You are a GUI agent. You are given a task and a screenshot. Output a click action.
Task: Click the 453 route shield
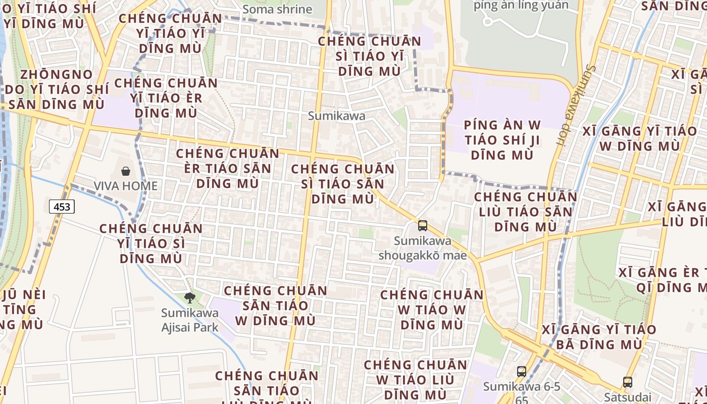(x=62, y=207)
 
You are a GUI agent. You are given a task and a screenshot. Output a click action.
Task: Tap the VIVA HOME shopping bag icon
(x=126, y=172)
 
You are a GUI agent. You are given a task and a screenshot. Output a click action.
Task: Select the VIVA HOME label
(x=126, y=186)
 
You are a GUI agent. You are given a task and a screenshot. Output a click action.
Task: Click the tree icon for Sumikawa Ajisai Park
(x=190, y=298)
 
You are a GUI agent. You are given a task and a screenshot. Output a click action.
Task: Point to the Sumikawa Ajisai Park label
(x=190, y=320)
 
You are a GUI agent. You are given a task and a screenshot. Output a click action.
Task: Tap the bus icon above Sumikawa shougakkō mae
(x=423, y=226)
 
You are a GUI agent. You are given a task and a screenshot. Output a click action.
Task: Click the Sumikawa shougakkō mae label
(x=423, y=248)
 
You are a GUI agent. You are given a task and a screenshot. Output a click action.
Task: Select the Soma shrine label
(x=277, y=9)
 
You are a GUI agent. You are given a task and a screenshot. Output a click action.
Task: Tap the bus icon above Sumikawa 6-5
(x=522, y=372)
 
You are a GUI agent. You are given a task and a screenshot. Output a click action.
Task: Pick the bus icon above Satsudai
(x=628, y=382)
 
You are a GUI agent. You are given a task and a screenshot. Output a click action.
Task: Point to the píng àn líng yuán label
(x=521, y=6)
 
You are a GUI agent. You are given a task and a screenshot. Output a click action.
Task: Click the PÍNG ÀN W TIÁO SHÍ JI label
(x=502, y=140)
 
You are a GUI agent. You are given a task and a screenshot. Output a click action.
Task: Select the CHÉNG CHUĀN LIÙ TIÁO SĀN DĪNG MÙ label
(x=525, y=212)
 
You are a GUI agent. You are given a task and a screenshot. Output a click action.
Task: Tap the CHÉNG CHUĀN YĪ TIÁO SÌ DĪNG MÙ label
(x=151, y=243)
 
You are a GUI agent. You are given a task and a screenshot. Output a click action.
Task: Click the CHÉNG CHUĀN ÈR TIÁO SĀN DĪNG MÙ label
(x=227, y=168)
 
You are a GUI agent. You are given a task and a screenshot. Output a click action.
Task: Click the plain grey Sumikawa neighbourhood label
(x=336, y=116)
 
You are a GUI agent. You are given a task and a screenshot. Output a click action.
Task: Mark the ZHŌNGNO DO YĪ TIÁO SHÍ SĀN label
(x=57, y=89)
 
